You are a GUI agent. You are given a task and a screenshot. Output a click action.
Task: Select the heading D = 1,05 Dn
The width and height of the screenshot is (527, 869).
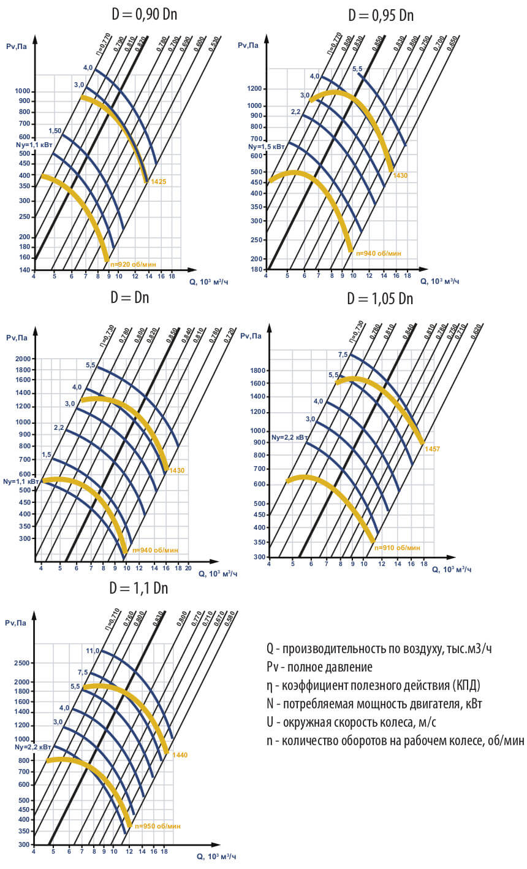pyautogui.click(x=380, y=299)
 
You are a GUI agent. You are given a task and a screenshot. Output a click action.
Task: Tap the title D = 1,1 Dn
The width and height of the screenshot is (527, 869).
pyautogui.click(x=138, y=588)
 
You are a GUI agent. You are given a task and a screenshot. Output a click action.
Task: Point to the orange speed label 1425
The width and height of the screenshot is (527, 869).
pyautogui.click(x=157, y=182)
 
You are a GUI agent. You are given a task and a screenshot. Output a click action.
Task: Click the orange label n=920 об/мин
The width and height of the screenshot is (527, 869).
pyautogui.click(x=133, y=264)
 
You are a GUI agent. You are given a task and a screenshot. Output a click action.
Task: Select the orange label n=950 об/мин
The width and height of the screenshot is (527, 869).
pyautogui.click(x=157, y=826)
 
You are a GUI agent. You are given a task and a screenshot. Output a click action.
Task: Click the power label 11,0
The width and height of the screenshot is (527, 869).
pyautogui.click(x=93, y=650)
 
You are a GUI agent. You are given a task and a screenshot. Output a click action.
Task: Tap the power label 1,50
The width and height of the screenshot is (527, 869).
pyautogui.click(x=55, y=131)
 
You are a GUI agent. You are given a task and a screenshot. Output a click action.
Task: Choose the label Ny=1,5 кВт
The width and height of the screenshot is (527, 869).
pyautogui.click(x=267, y=147)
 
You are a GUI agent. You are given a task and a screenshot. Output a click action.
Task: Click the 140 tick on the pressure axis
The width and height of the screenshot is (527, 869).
pyautogui.click(x=24, y=270)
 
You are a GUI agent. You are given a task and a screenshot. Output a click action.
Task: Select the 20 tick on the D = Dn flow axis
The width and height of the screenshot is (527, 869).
pyautogui.click(x=188, y=569)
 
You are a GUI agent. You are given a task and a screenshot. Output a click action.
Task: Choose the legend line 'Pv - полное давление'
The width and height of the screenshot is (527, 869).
pyautogui.click(x=319, y=667)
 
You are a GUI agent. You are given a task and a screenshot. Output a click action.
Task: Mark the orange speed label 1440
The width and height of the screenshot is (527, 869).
pyautogui.click(x=180, y=754)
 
